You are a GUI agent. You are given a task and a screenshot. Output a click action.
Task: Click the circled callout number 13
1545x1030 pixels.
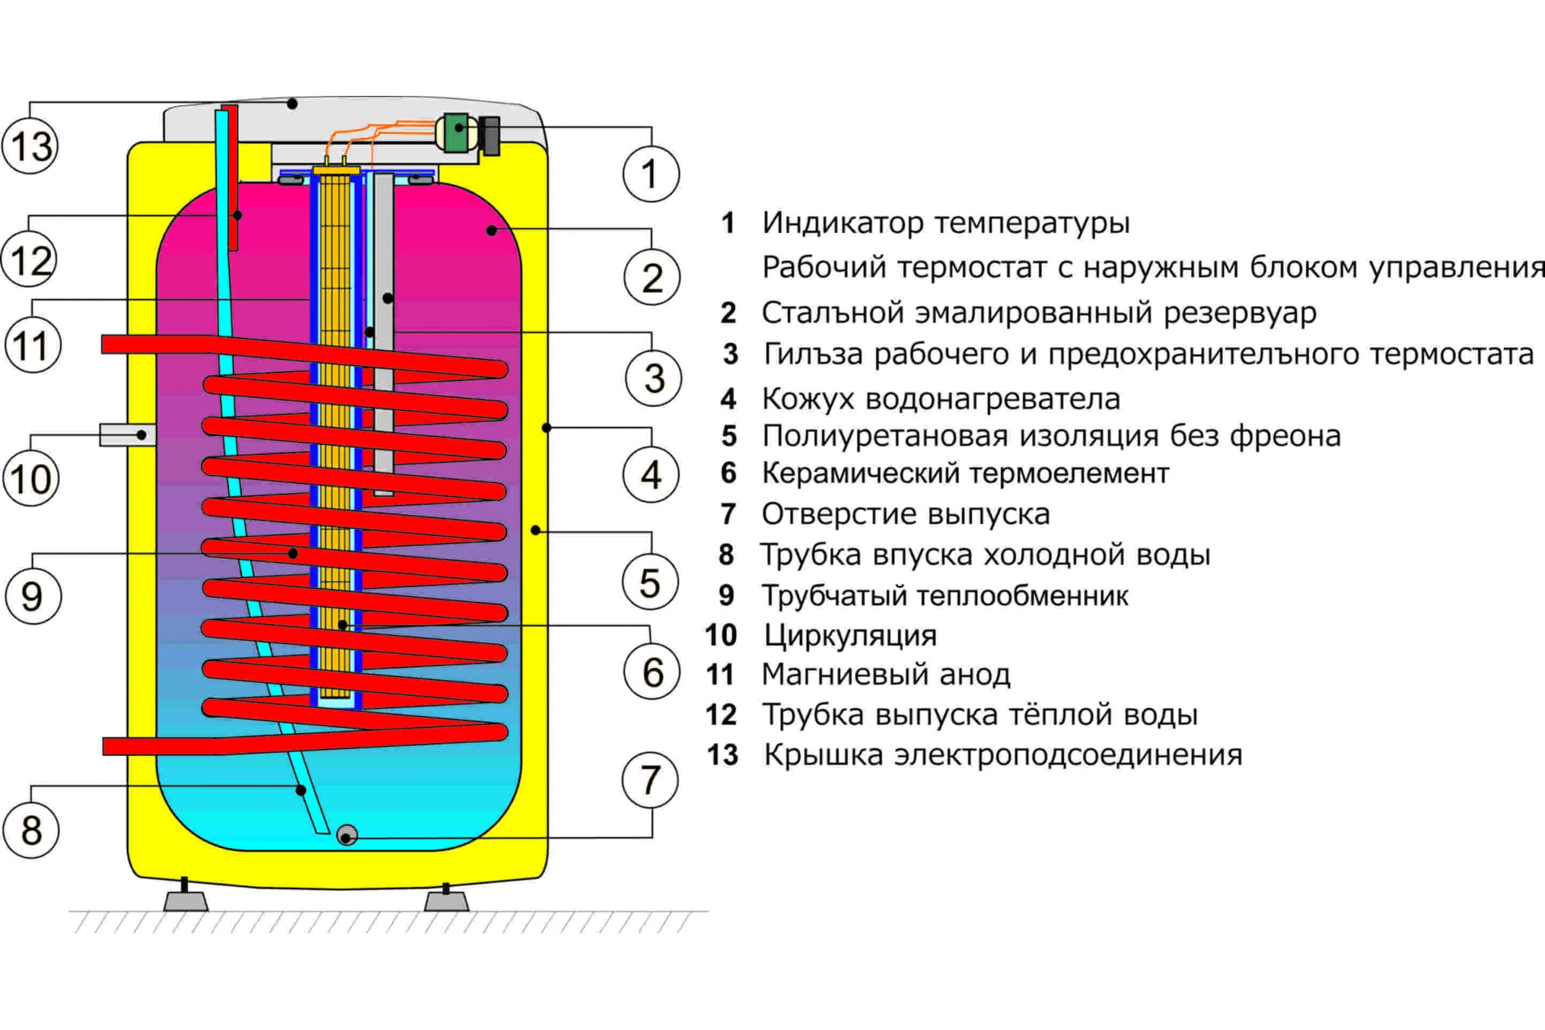pyautogui.click(x=30, y=145)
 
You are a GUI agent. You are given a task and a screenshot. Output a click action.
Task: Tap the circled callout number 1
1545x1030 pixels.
pyautogui.click(x=650, y=174)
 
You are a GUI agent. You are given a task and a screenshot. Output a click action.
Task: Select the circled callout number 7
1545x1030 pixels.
pyautogui.click(x=650, y=780)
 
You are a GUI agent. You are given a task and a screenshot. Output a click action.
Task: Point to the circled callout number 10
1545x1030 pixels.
pyautogui.click(x=31, y=478)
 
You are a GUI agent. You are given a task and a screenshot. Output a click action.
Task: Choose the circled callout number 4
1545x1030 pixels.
pyautogui.click(x=650, y=474)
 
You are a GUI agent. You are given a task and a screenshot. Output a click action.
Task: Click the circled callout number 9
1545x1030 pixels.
pyautogui.click(x=32, y=596)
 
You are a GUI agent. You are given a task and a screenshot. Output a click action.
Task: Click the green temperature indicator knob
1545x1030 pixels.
pyautogui.click(x=455, y=133)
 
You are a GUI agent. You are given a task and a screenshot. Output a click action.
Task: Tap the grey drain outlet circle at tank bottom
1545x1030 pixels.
pyautogui.click(x=347, y=835)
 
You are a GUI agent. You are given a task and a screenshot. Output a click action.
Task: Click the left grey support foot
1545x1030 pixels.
pyautogui.click(x=186, y=901)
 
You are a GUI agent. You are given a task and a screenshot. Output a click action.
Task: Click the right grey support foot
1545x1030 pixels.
pyautogui.click(x=447, y=901)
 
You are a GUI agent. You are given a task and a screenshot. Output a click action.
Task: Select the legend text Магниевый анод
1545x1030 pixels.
pyautogui.click(x=886, y=675)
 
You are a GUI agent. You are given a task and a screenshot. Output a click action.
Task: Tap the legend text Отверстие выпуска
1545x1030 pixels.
pyautogui.click(x=905, y=514)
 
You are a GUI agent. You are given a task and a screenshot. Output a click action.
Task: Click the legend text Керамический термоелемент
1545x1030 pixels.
pyautogui.click(x=965, y=474)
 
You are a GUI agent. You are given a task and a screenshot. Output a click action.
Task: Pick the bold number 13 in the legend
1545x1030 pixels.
pyautogui.click(x=722, y=755)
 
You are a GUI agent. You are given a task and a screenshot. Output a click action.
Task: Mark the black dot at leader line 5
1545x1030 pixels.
pyautogui.click(x=536, y=530)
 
